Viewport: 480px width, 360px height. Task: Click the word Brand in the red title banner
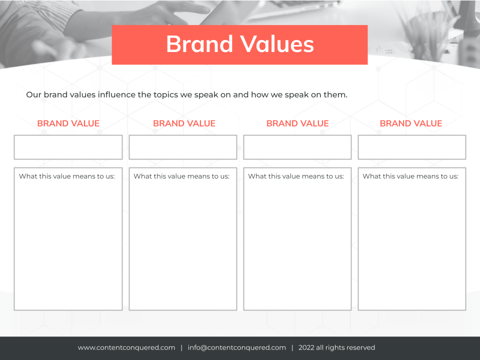pyautogui.click(x=199, y=44)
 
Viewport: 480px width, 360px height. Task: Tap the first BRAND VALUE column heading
pyautogui.click(x=68, y=123)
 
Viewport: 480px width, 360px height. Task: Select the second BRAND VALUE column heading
pyautogui.click(x=184, y=123)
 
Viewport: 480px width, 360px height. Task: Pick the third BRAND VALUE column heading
pyautogui.click(x=297, y=123)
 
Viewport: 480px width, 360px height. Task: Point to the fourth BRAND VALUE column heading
pyautogui.click(x=411, y=123)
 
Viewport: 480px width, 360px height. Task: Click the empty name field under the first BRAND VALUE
pyautogui.click(x=68, y=147)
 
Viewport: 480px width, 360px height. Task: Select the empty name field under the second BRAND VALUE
pyautogui.click(x=183, y=147)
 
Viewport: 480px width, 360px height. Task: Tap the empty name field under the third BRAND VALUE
pyautogui.click(x=297, y=147)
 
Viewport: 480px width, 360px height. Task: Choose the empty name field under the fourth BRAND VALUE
pyautogui.click(x=412, y=147)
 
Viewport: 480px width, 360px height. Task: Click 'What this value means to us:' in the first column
pyautogui.click(x=66, y=176)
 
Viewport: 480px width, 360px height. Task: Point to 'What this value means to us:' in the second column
pyautogui.click(x=181, y=176)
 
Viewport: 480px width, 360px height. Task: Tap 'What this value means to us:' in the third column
pyautogui.click(x=296, y=176)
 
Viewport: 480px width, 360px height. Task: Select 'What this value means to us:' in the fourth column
pyautogui.click(x=410, y=176)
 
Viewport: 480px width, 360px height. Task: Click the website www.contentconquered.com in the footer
pyautogui.click(x=126, y=348)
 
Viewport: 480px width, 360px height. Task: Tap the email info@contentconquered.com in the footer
pyautogui.click(x=237, y=348)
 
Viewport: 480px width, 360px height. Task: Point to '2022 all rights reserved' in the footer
pyautogui.click(x=336, y=348)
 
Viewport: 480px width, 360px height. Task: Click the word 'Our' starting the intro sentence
pyautogui.click(x=33, y=95)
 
